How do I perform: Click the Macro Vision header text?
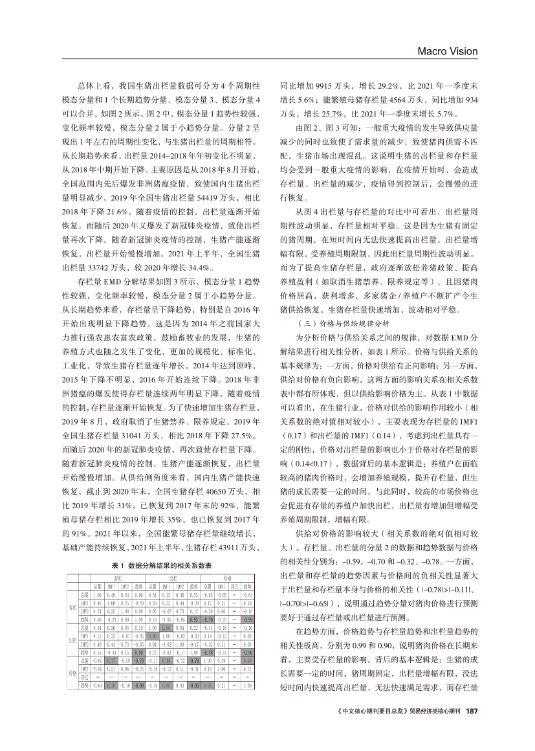click(x=447, y=52)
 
